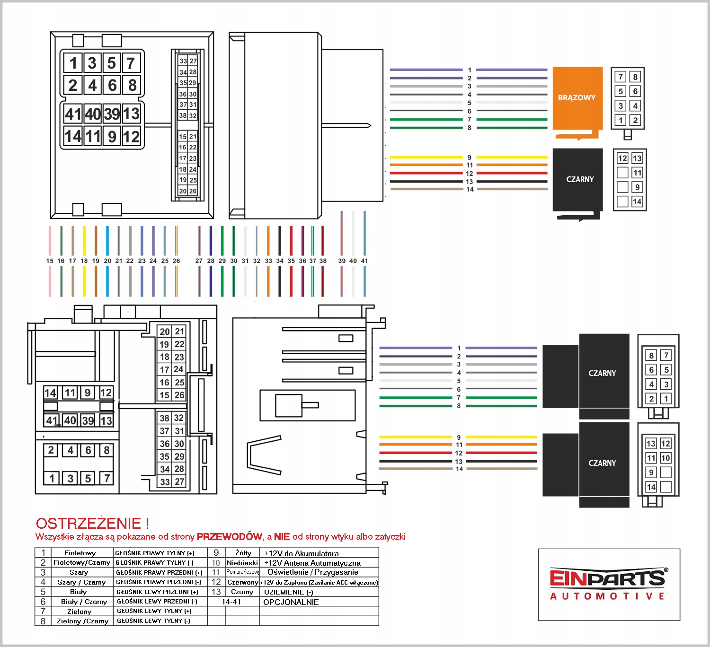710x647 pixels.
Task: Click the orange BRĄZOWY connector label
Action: click(577, 98)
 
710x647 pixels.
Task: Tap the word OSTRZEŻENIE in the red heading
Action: click(89, 524)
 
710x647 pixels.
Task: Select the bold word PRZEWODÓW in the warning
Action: click(230, 537)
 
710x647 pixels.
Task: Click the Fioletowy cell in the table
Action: click(80, 553)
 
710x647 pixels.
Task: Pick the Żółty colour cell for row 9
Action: click(243, 553)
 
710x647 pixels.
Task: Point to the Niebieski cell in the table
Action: click(242, 563)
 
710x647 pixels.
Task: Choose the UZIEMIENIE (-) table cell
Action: click(289, 592)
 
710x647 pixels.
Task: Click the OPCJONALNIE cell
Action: click(291, 602)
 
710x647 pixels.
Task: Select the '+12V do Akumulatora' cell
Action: click(302, 553)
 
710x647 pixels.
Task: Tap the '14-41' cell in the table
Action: click(231, 602)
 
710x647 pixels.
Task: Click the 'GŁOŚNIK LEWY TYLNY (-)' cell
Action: click(153, 621)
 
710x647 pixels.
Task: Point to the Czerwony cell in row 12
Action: click(243, 582)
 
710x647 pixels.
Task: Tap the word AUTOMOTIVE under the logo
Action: click(608, 596)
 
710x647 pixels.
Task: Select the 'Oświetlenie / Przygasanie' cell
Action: click(313, 572)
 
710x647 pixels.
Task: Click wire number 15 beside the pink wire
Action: click(50, 261)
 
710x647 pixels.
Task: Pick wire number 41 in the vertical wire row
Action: click(364, 261)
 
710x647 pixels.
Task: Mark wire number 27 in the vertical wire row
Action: click(199, 261)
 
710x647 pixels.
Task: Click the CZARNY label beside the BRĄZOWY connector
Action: click(580, 180)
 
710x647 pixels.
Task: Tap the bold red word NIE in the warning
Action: click(282, 537)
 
